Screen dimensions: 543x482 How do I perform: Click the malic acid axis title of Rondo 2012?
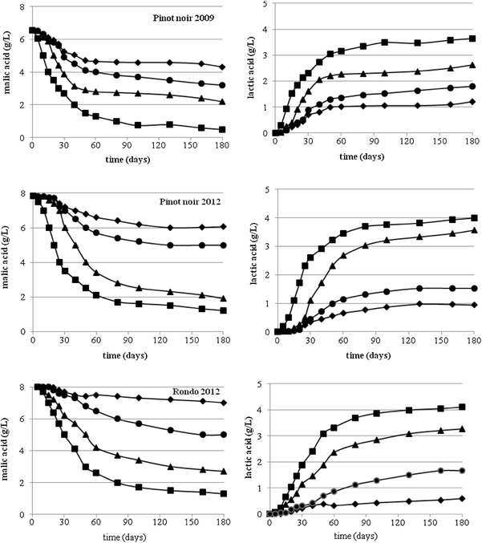click(8, 449)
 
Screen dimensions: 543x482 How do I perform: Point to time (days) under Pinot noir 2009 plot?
click(124, 161)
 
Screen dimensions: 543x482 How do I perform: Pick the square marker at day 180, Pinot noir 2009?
click(222, 129)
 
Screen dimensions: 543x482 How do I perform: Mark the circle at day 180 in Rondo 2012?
click(222, 435)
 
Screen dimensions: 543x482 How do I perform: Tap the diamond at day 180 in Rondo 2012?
click(222, 403)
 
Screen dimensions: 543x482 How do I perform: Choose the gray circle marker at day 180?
click(463, 471)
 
